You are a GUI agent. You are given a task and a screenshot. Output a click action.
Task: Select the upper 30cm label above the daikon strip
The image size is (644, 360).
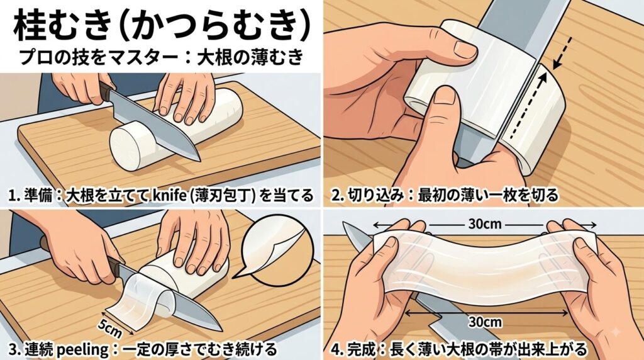coord(485,224)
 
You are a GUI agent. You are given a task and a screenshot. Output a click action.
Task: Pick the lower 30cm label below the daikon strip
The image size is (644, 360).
coord(485,322)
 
